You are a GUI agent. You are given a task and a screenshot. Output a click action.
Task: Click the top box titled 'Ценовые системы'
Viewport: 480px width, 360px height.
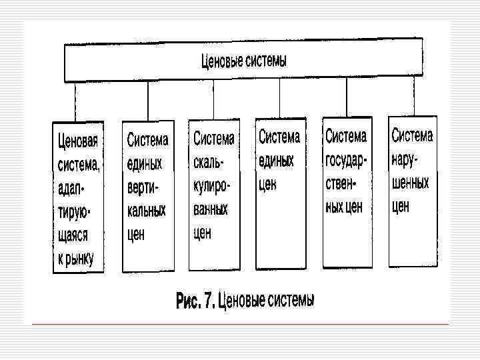pos(243,62)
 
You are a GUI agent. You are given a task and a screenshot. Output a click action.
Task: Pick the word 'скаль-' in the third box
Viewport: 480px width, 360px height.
pos(209,162)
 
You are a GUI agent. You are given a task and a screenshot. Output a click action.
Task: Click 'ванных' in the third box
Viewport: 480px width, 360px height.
pos(211,209)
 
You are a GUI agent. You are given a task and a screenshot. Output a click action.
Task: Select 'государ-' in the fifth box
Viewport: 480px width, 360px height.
pos(347,161)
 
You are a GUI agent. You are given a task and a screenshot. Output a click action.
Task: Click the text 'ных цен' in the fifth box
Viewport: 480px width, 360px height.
pos(344,207)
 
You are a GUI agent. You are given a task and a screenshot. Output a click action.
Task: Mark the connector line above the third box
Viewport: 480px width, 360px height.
pos(213,100)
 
